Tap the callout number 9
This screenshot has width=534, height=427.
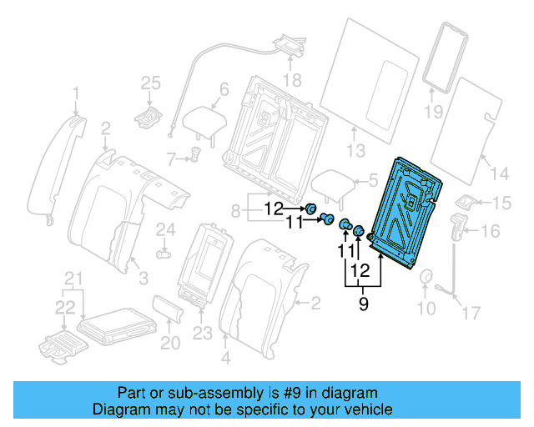point(363,306)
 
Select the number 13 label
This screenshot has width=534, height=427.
point(356,151)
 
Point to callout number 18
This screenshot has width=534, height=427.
point(290,80)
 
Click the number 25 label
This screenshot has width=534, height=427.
point(149,82)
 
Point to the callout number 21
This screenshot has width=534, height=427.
point(74,277)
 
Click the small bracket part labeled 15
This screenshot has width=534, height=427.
point(467,203)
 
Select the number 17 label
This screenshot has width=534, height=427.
point(472,313)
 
